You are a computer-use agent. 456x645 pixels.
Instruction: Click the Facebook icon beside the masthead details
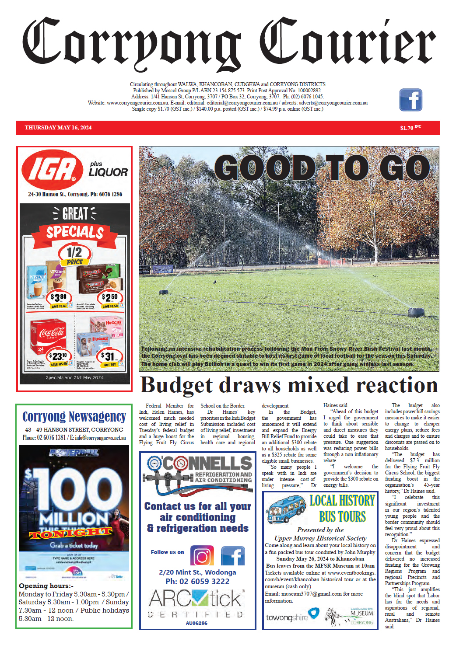click(x=410, y=100)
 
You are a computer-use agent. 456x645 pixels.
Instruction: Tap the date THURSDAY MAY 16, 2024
click(x=58, y=128)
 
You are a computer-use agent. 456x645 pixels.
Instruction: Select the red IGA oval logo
click(x=53, y=170)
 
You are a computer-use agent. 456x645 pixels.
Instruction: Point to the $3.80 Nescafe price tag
click(x=59, y=298)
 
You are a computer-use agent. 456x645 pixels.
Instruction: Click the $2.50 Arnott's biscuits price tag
click(x=109, y=298)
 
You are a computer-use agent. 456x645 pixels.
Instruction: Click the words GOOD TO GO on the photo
click(x=322, y=168)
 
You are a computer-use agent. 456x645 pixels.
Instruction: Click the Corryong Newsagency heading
click(x=74, y=417)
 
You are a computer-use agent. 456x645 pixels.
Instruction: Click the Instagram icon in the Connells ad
click(x=202, y=555)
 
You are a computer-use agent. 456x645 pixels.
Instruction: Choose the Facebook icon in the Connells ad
click(x=233, y=555)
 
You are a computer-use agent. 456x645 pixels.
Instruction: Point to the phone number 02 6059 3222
click(x=204, y=582)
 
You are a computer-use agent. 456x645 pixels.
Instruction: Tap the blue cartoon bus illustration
click(x=285, y=509)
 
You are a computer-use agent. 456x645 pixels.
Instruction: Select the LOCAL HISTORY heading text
click(x=342, y=501)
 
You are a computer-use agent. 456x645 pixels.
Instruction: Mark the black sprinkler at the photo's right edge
click(x=416, y=312)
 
